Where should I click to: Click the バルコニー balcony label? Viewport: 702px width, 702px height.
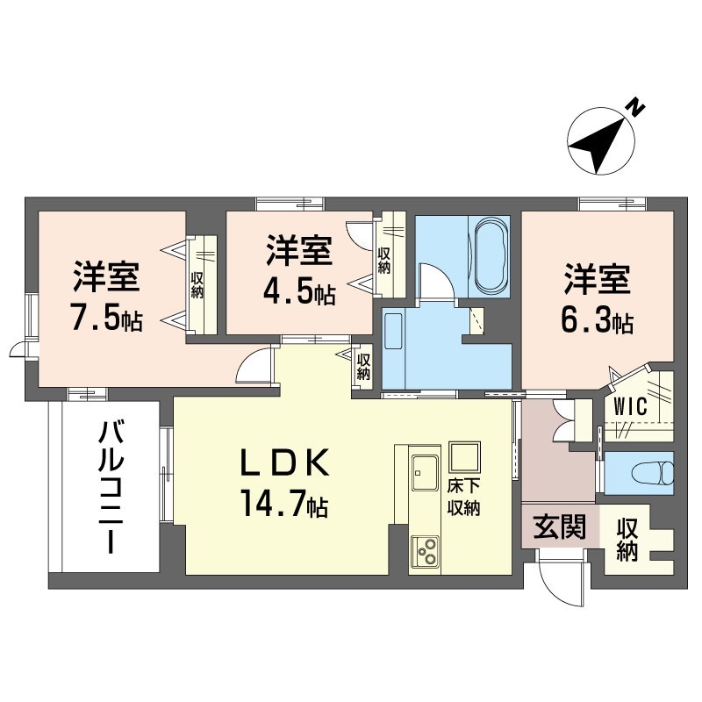point(111,487)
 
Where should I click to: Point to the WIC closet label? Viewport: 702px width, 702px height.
point(630,406)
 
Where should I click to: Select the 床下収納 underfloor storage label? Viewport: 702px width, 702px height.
point(463,497)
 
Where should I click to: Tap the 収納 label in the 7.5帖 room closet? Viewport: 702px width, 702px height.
point(197,283)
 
